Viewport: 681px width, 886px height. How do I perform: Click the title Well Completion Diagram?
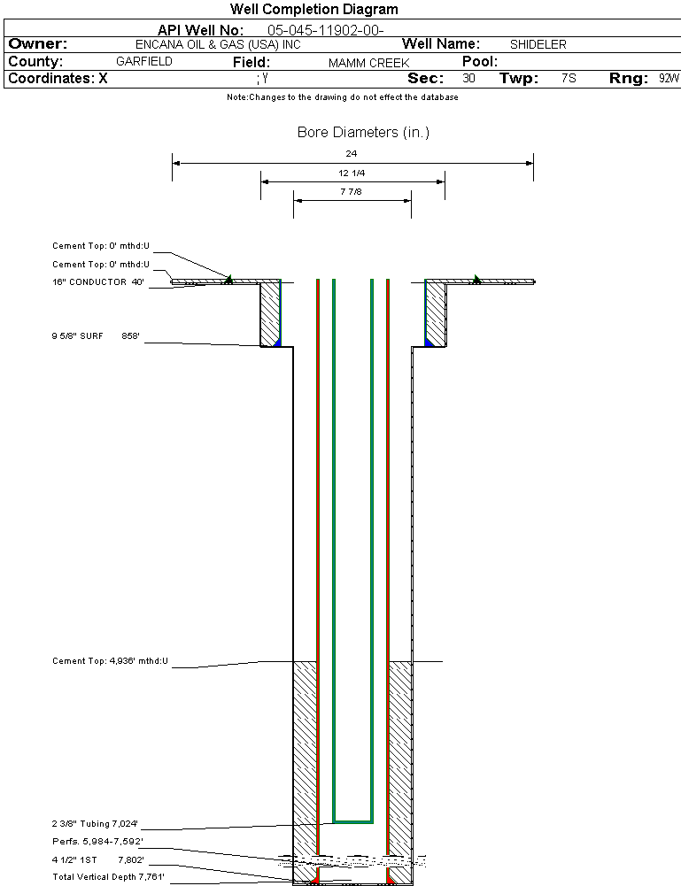[x=313, y=10]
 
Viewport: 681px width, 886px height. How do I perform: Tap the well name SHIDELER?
[x=538, y=44]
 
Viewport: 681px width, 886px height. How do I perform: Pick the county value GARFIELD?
[x=144, y=62]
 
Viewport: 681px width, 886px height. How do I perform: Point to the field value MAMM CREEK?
[x=368, y=63]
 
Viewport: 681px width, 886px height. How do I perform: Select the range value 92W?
[x=669, y=79]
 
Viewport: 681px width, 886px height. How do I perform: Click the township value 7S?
[x=569, y=79]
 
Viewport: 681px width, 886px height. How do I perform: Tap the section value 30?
[x=468, y=79]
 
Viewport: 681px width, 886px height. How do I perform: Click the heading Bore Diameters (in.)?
[x=363, y=133]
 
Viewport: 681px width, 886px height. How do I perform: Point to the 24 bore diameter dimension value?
[x=352, y=153]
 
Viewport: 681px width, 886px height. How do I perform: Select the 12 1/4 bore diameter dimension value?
[x=352, y=173]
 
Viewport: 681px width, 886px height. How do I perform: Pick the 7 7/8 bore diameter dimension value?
[x=352, y=191]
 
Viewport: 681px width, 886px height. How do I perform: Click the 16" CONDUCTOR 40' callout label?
[x=98, y=282]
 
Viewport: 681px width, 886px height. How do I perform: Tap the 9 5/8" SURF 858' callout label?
[x=97, y=336]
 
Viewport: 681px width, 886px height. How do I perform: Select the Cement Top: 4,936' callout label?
[x=110, y=661]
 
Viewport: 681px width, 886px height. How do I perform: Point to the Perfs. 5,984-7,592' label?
[x=97, y=841]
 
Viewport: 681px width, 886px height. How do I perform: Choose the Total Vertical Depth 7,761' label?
[x=108, y=877]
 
